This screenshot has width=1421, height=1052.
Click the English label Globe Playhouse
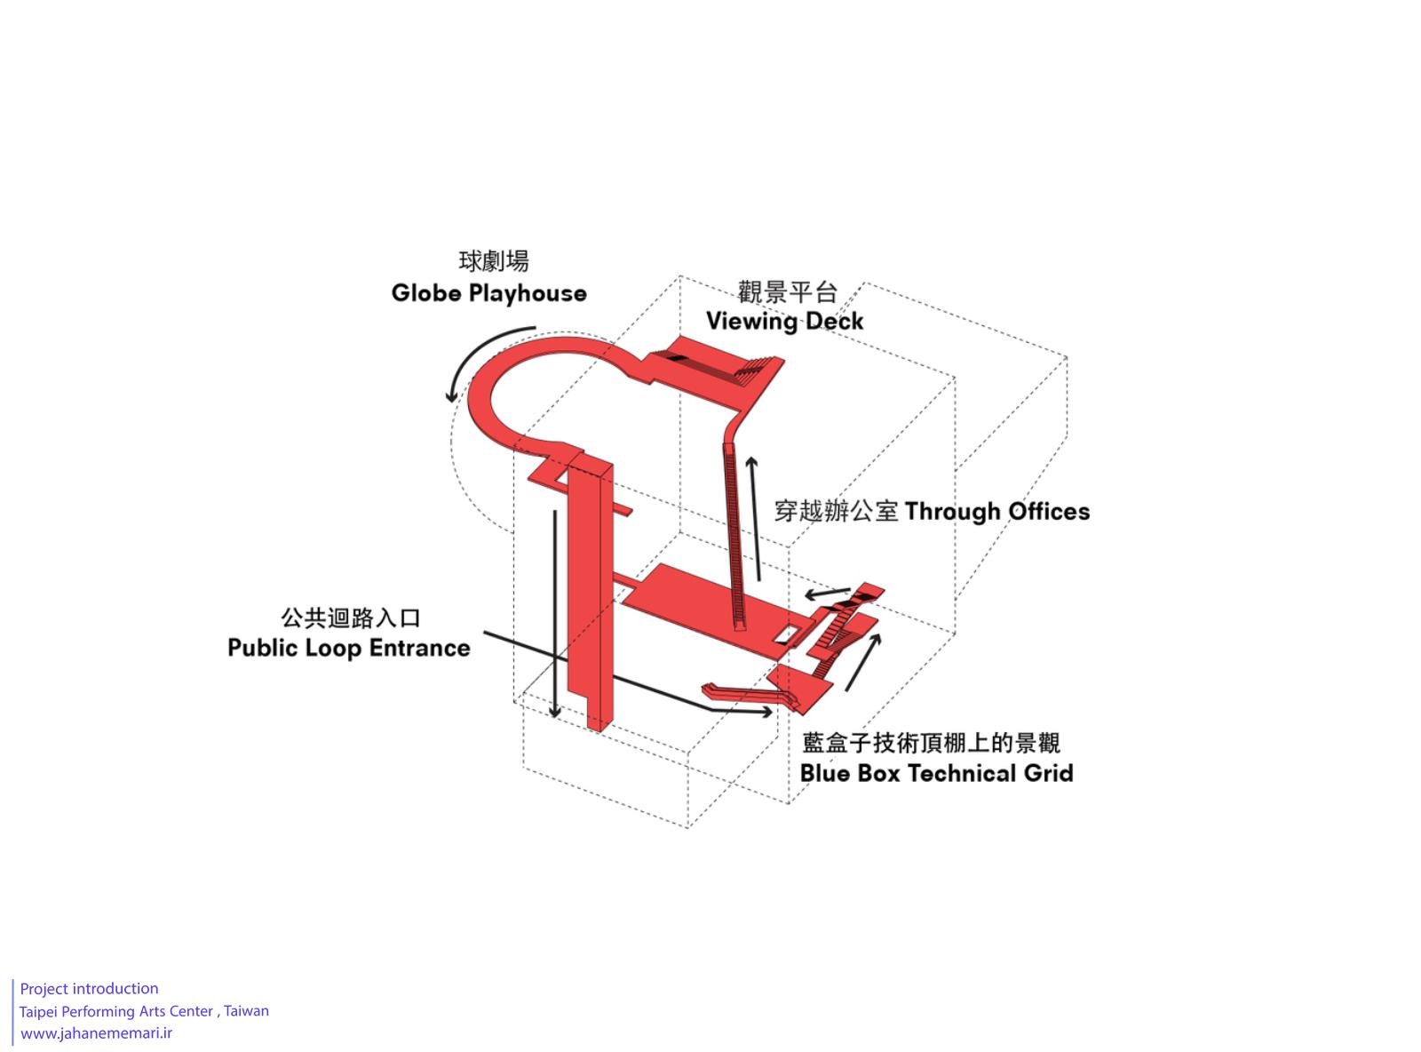pyautogui.click(x=488, y=293)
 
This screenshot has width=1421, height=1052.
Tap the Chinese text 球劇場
pyautogui.click(x=493, y=261)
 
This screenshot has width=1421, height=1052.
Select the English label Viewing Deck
pyautogui.click(x=784, y=321)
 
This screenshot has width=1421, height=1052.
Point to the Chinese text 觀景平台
pyautogui.click(x=788, y=291)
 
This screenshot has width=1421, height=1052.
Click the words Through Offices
pyautogui.click(x=996, y=511)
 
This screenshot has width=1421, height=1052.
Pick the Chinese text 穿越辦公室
pyautogui.click(x=836, y=511)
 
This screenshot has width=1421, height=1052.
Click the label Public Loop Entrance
pyautogui.click(x=348, y=648)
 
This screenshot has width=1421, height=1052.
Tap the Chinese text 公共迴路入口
pyautogui.click(x=351, y=618)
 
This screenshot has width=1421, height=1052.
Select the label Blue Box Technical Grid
pyautogui.click(x=936, y=772)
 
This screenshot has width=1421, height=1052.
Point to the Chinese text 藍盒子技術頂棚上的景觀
pyautogui.click(x=931, y=743)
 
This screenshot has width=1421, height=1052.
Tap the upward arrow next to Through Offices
pyautogui.click(x=755, y=519)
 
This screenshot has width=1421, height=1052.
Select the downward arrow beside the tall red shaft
pyautogui.click(x=555, y=613)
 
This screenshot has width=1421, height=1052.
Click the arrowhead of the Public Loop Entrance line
pyautogui.click(x=766, y=712)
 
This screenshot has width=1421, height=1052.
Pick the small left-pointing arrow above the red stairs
pyautogui.click(x=827, y=593)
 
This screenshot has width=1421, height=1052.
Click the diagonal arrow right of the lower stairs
pyautogui.click(x=863, y=662)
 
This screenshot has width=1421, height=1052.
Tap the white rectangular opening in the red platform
pyautogui.click(x=786, y=634)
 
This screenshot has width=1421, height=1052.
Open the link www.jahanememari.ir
pyautogui.click(x=96, y=1032)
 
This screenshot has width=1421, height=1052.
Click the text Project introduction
pyautogui.click(x=89, y=988)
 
